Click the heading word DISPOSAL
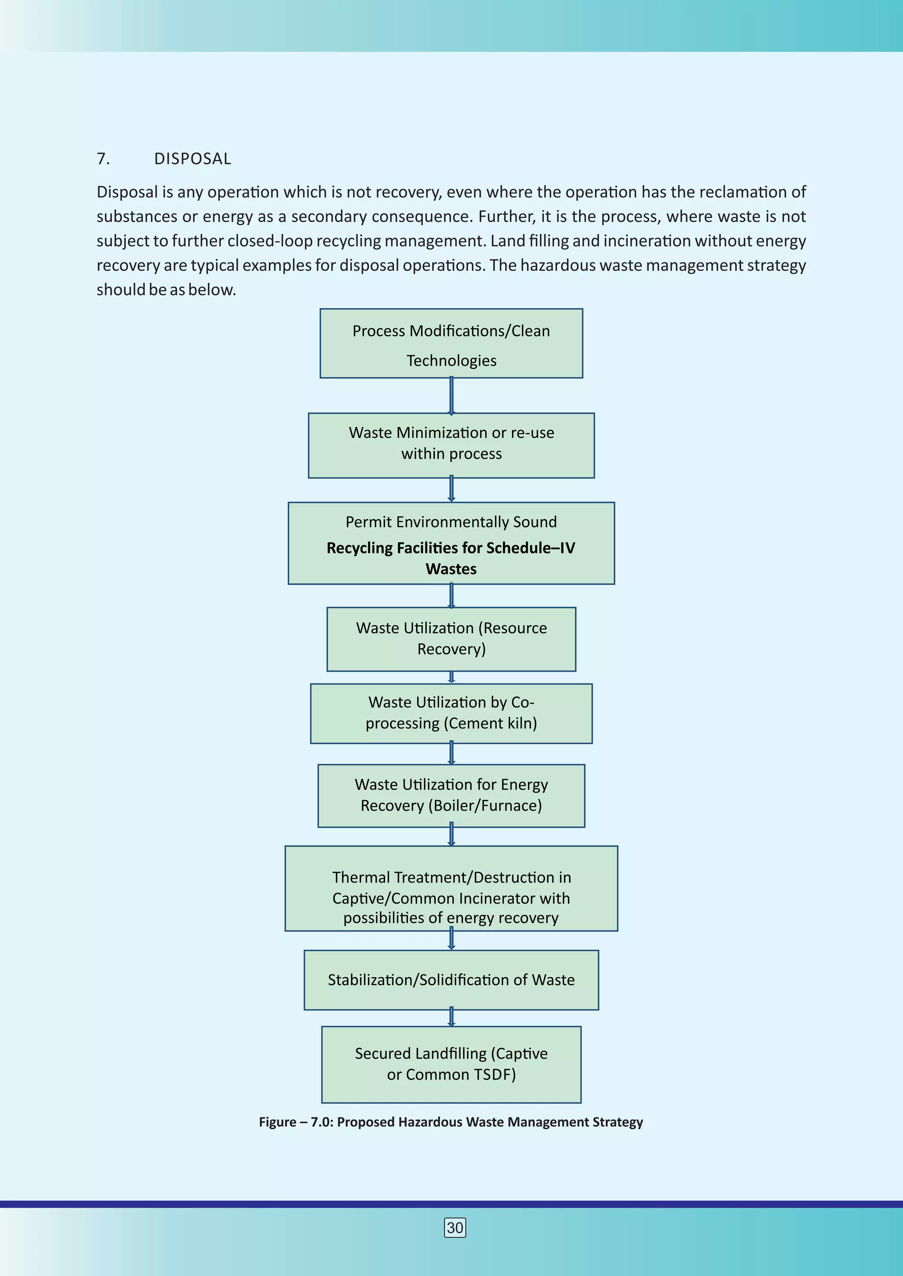click(x=192, y=159)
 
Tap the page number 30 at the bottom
click(x=455, y=1228)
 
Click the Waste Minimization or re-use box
click(x=451, y=445)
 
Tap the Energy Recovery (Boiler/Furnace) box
click(x=451, y=795)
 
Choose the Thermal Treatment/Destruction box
click(x=451, y=888)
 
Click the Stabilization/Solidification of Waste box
click(x=451, y=980)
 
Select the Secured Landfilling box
click(x=451, y=1064)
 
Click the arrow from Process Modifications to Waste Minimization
click(x=451, y=396)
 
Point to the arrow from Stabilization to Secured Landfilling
click(x=451, y=1017)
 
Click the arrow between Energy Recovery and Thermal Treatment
click(x=451, y=836)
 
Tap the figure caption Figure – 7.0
click(x=450, y=1122)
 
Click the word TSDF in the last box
click(x=495, y=1075)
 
